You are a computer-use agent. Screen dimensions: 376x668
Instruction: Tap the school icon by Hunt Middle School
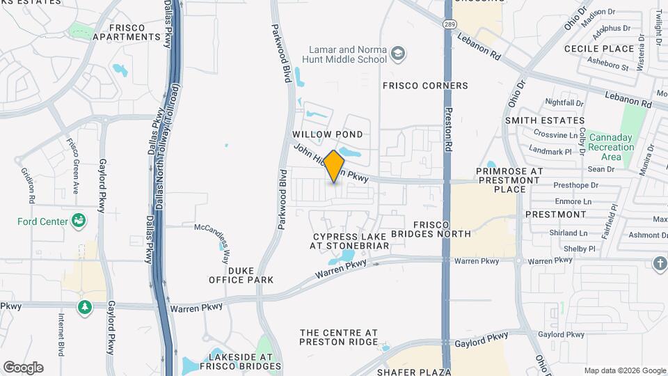(x=397, y=54)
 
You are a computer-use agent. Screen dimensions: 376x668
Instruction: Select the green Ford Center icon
(x=80, y=221)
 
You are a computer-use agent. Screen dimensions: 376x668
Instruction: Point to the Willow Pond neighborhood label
(x=327, y=134)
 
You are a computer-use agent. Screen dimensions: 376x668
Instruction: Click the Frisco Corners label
(x=425, y=86)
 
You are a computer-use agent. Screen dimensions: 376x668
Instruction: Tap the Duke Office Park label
(x=241, y=274)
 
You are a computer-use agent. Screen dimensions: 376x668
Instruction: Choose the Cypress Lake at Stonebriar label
(x=345, y=241)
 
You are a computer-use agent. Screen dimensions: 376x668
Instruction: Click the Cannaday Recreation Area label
(x=610, y=147)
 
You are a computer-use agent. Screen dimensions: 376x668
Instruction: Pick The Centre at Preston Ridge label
(x=338, y=336)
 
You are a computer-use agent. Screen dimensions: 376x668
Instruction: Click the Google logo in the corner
(x=23, y=368)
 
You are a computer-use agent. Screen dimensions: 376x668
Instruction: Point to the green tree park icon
(x=85, y=306)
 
